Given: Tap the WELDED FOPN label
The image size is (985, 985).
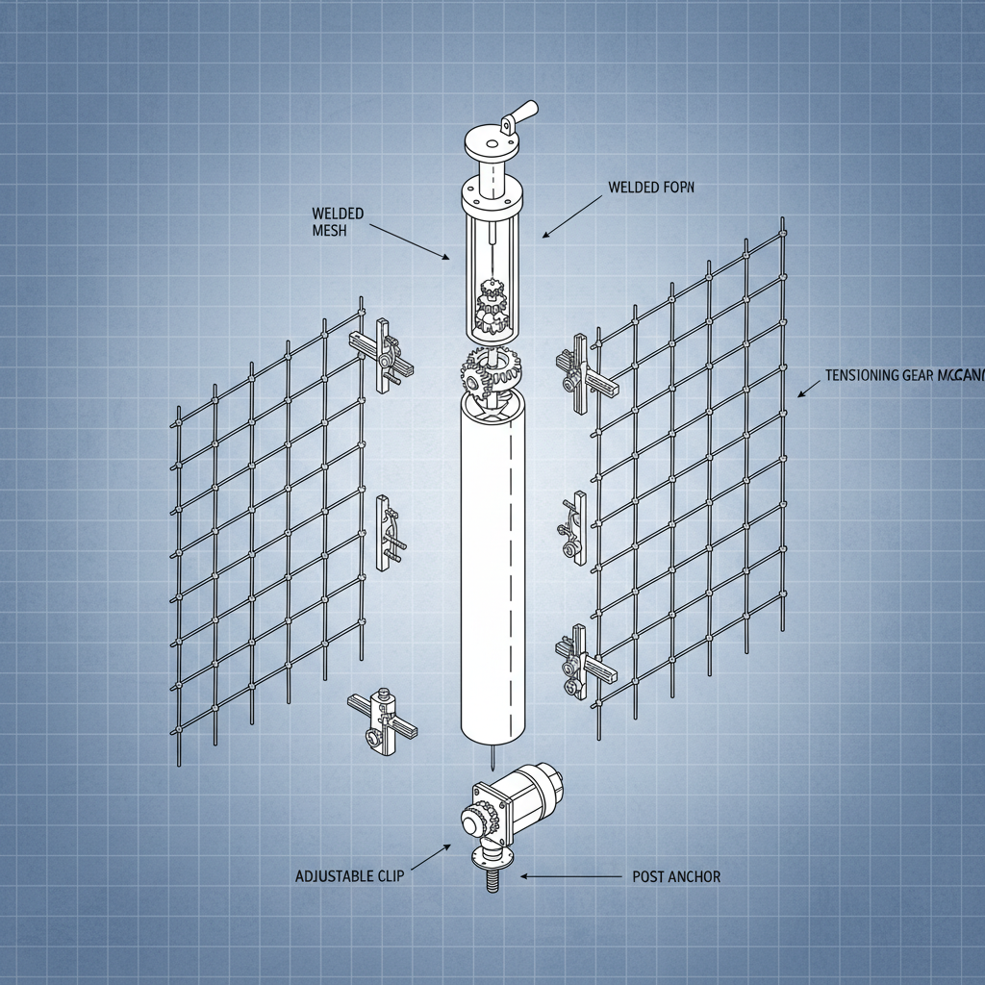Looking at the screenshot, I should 651,189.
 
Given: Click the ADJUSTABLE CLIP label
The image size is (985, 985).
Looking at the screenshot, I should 350,876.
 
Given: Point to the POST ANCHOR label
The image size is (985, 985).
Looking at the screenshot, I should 676,876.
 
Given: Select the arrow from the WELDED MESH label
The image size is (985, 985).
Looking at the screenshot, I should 408,241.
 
